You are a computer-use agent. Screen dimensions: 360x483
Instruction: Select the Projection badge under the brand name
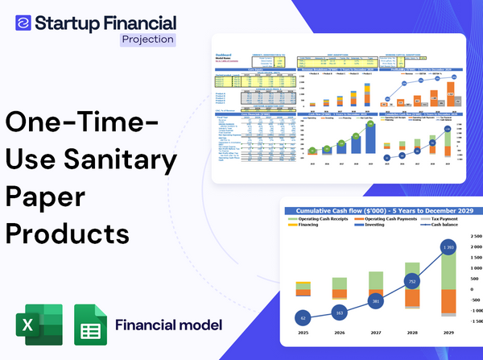click(147, 39)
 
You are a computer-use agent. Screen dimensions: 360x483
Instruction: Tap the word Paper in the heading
click(43, 196)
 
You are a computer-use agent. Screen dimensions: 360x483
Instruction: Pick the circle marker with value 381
click(375, 302)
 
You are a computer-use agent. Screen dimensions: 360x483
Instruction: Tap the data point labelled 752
click(411, 282)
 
